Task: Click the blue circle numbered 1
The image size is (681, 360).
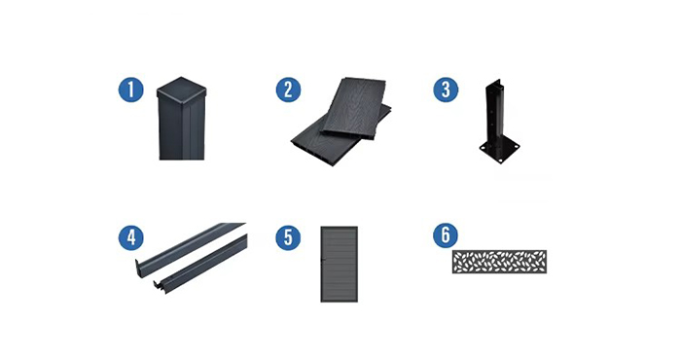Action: tap(130, 90)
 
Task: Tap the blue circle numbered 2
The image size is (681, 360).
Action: tap(288, 90)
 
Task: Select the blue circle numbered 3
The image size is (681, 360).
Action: tap(446, 90)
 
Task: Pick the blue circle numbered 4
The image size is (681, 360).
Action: tap(130, 237)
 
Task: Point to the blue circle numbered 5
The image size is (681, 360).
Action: tap(288, 237)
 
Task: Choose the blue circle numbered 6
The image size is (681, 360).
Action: tap(446, 234)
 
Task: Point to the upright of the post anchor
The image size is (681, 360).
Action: tap(493, 114)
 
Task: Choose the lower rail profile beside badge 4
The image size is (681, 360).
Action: tap(199, 266)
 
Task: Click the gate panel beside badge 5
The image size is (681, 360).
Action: tap(340, 264)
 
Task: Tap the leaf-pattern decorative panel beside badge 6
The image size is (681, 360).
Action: tap(499, 262)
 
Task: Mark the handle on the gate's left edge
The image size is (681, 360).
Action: tap(322, 261)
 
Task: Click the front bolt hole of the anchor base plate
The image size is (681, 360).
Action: tap(502, 161)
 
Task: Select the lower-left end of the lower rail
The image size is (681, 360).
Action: tap(158, 288)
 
